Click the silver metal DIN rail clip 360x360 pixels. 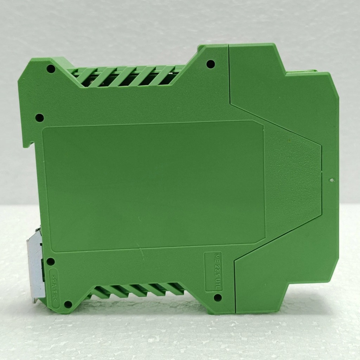coord(36,264)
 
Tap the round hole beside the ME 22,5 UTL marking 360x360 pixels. coord(218,297)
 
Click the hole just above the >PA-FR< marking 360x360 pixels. coord(51,262)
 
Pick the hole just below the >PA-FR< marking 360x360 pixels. coord(68,304)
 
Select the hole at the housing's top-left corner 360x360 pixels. coord(51,69)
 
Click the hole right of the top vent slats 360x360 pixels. coord(211,64)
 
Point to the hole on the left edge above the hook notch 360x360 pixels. coord(39,118)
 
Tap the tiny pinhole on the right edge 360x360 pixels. coord(331,180)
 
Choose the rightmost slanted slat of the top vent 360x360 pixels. coord(165,75)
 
